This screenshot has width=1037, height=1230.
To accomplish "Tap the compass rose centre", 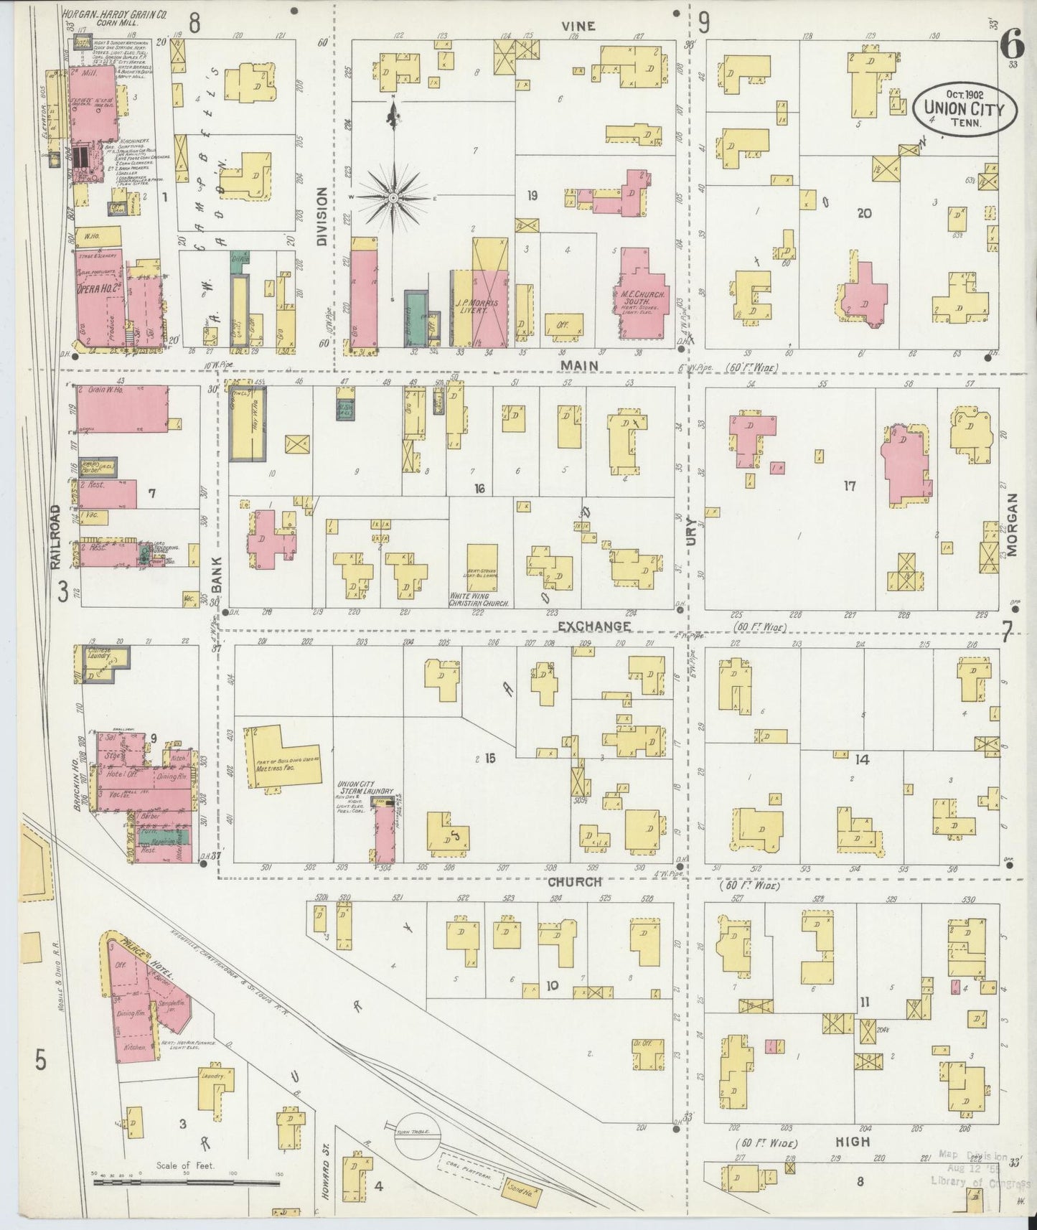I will pyautogui.click(x=395, y=197).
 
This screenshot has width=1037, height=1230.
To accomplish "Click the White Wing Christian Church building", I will pyautogui.click(x=482, y=567).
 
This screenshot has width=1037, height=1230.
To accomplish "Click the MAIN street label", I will pyautogui.click(x=580, y=365).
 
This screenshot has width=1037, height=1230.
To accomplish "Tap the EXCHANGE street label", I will pyautogui.click(x=594, y=626).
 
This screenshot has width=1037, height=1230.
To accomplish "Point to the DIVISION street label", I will pyautogui.click(x=322, y=217).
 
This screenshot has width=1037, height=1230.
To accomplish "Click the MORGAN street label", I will pyautogui.click(x=1013, y=525).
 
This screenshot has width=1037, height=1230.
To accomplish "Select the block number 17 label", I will pyautogui.click(x=850, y=487).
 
